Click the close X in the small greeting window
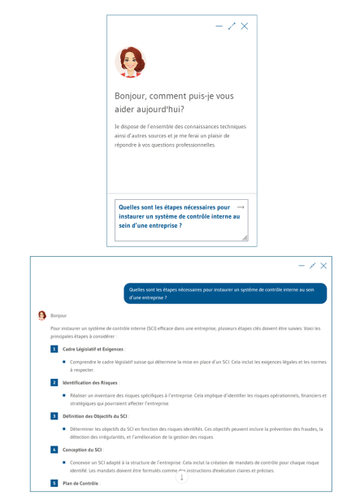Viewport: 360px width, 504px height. (245, 26)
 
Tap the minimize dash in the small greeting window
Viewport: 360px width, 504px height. (219, 26)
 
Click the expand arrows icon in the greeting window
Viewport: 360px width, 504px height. (232, 26)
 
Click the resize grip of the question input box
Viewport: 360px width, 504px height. (245, 237)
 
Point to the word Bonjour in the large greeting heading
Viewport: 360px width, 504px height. (132, 96)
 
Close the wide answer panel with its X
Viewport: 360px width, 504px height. (323, 266)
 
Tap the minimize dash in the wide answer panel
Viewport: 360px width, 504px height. (301, 266)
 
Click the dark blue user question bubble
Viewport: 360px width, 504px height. (225, 293)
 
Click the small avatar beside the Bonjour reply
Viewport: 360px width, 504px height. (42, 315)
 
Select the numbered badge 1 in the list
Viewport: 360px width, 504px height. (54, 349)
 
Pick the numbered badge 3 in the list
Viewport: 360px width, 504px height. (54, 415)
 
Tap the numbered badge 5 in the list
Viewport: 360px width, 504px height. (54, 483)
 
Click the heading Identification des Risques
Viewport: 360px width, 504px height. (90, 382)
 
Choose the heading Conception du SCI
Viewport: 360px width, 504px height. (82, 450)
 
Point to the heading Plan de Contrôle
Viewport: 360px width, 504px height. (80, 483)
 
